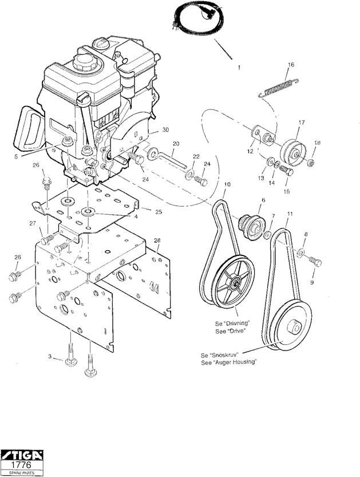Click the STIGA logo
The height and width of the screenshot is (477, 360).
click(x=22, y=455)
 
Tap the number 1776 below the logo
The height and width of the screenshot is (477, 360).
click(x=21, y=465)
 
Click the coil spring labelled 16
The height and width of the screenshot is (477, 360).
click(x=279, y=88)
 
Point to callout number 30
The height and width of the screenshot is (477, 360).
click(x=165, y=130)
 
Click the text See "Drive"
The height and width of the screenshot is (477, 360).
click(x=230, y=332)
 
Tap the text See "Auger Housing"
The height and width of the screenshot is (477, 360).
click(x=229, y=362)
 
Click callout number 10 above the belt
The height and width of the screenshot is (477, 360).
click(x=227, y=184)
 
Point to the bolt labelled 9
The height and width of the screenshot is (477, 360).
click(x=315, y=261)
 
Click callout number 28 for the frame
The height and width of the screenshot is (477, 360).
click(x=157, y=241)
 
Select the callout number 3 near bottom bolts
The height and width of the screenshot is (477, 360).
click(x=50, y=356)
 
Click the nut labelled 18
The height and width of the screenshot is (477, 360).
click(x=311, y=163)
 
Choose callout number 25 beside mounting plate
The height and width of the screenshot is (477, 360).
click(x=159, y=212)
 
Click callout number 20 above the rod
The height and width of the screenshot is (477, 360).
click(x=176, y=144)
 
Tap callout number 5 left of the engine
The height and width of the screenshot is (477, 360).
click(x=16, y=156)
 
